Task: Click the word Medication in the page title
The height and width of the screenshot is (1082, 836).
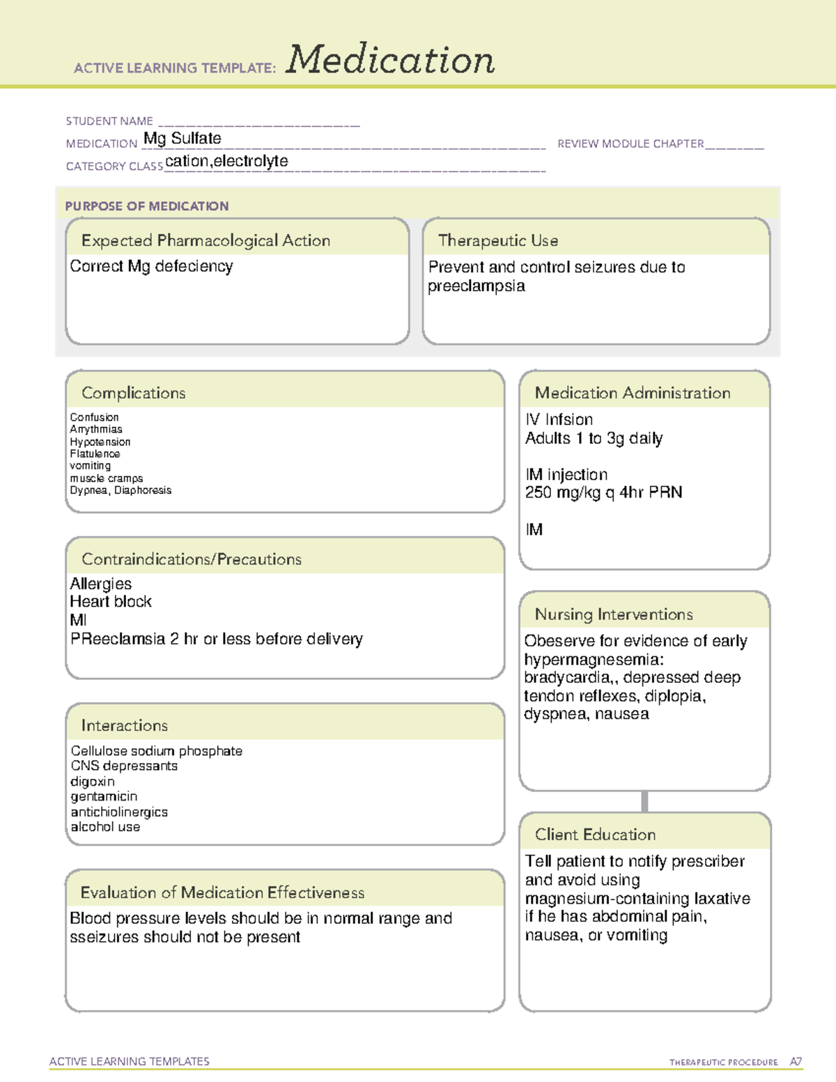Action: click(390, 61)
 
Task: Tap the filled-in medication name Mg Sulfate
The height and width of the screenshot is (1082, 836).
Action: click(183, 139)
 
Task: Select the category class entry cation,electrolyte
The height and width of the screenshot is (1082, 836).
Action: click(226, 162)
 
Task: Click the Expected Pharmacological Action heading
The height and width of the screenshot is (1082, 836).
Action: click(206, 240)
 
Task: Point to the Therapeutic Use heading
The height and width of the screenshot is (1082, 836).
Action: click(498, 240)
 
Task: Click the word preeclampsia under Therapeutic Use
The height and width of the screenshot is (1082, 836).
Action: click(477, 286)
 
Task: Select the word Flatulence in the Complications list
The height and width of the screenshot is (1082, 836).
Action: click(95, 454)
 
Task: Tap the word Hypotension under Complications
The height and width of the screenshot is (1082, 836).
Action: click(100, 442)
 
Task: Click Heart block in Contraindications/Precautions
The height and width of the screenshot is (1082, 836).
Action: click(111, 602)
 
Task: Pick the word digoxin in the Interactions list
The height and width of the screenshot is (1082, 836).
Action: click(93, 782)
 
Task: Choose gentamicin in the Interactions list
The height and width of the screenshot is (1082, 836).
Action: click(104, 796)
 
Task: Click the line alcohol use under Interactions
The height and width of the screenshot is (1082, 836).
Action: click(105, 827)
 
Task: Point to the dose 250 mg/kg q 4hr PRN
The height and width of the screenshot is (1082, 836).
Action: click(603, 493)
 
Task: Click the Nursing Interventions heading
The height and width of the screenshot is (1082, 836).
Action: click(614, 615)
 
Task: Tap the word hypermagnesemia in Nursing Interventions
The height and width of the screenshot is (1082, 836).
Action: click(594, 660)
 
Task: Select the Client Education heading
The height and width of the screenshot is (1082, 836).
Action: click(595, 835)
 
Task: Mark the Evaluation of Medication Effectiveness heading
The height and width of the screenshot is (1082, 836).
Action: click(222, 892)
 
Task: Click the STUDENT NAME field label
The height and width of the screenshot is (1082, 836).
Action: click(109, 121)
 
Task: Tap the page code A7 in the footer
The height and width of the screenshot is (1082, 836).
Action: click(796, 1062)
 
